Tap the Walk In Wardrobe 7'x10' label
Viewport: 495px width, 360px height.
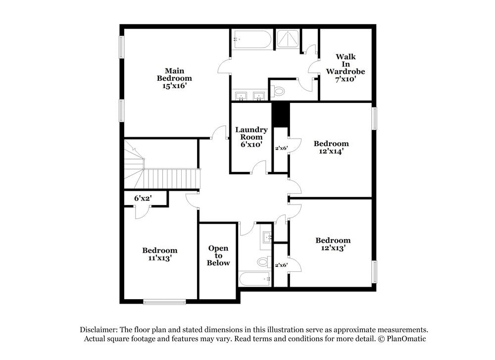click(345, 67)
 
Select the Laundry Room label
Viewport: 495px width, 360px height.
click(251, 137)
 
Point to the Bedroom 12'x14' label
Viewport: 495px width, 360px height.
click(331, 148)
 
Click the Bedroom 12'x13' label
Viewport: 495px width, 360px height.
click(333, 244)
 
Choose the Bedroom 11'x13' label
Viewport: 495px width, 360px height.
click(159, 254)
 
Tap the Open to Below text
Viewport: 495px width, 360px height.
click(218, 256)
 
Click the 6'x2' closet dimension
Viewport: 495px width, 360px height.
click(143, 198)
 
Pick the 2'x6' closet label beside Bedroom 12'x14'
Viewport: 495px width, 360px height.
click(281, 148)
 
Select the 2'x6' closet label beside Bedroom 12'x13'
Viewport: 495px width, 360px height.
click(281, 265)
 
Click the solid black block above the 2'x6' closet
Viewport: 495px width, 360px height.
click(281, 114)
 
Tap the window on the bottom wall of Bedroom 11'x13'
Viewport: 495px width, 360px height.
click(164, 301)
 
